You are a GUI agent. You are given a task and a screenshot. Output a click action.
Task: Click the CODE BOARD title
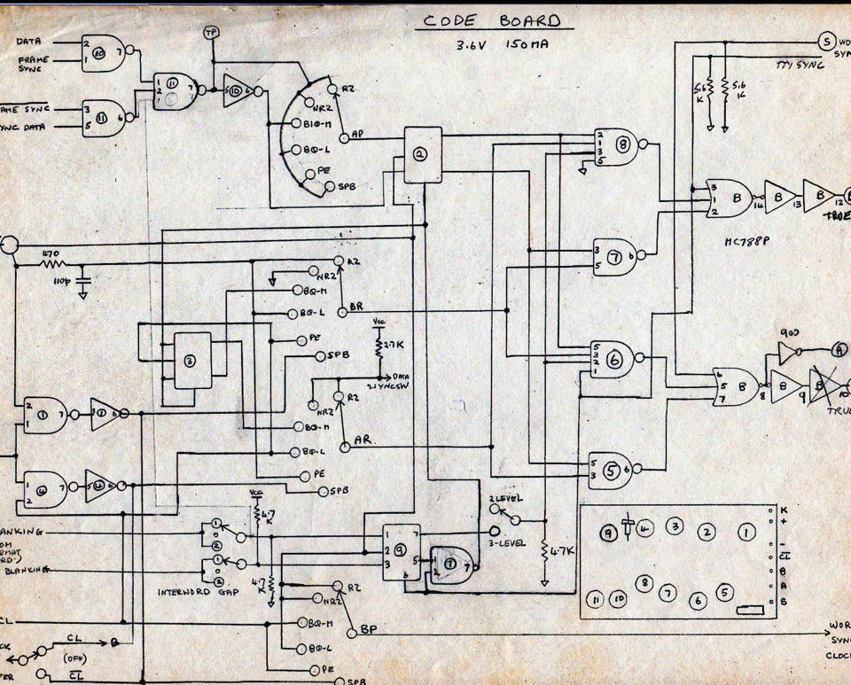(490, 19)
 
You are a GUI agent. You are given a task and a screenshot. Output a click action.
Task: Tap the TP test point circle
(211, 34)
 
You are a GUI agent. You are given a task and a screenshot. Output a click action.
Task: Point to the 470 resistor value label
(51, 253)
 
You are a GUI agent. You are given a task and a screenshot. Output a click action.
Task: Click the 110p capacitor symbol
(83, 281)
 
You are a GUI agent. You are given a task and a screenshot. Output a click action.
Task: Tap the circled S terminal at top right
(824, 41)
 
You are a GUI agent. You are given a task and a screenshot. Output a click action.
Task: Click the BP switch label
(369, 630)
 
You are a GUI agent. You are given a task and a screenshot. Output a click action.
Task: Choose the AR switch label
(362, 440)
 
